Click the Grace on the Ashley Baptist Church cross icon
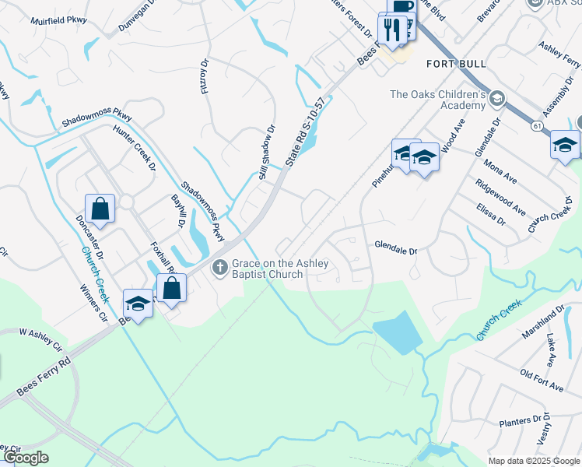[x=220, y=268]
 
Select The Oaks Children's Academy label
[x=438, y=100]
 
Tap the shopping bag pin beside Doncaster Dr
[x=100, y=209]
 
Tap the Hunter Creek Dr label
[x=135, y=147]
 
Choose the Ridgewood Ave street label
[x=501, y=198]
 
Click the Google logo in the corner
[x=25, y=458]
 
